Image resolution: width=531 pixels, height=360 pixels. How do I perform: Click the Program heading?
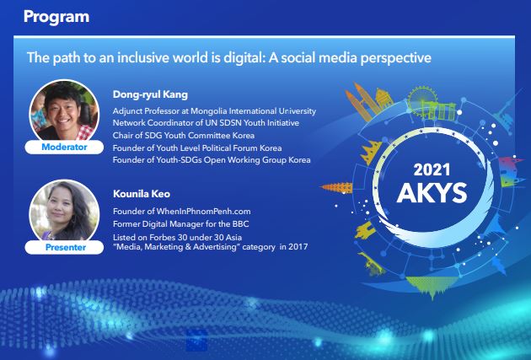pos(56,17)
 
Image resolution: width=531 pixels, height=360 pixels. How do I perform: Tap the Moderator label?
pos(64,147)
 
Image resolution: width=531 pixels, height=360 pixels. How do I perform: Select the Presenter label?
pos(66,247)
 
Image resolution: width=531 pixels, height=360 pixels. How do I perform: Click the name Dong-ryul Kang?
pos(150,94)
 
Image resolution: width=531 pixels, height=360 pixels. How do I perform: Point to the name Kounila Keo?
pos(142,194)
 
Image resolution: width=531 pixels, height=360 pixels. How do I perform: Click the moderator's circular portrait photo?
pos(64,111)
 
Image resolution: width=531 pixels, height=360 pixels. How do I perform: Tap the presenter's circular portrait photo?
pos(64,211)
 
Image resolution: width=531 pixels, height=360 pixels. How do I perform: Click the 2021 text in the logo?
pos(432,169)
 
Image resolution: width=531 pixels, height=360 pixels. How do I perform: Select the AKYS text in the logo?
pos(432,193)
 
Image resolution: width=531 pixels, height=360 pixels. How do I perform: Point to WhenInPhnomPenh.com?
pos(203,212)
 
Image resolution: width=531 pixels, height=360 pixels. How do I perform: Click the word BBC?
pos(240,224)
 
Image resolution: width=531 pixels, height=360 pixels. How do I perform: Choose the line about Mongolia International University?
pos(214,111)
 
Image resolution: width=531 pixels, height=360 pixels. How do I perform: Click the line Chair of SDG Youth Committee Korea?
pos(184,136)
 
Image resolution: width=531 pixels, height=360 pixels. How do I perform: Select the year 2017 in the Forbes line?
pos(298,246)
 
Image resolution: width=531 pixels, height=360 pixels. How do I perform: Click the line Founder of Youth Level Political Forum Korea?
pos(197,148)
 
